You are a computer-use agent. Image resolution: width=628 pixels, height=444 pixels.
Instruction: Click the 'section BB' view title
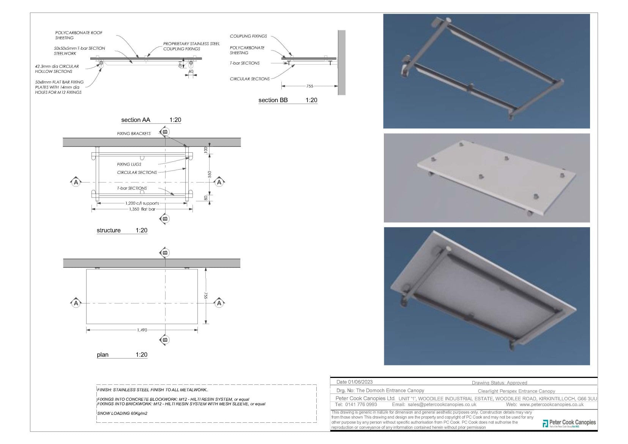[273, 100]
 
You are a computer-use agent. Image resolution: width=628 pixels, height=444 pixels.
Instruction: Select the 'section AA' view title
[136, 120]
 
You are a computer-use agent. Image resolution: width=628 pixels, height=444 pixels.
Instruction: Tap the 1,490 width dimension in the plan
[142, 330]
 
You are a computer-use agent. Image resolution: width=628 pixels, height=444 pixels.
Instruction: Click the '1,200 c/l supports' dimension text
[142, 203]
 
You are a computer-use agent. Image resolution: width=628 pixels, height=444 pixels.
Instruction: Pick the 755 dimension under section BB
[309, 86]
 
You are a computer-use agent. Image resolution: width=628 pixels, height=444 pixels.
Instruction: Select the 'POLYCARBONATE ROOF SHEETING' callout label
[79, 35]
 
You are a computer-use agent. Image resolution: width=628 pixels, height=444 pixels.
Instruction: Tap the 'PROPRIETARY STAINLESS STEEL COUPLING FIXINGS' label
[191, 46]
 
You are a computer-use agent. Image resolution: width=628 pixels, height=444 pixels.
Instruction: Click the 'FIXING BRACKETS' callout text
[134, 134]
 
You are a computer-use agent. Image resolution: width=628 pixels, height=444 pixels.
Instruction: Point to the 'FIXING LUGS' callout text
[129, 164]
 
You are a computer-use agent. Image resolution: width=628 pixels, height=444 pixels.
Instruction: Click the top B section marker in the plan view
[165, 253]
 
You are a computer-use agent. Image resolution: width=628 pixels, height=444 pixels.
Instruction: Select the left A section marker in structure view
[76, 182]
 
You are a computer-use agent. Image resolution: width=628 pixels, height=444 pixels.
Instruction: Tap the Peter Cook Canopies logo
[569, 423]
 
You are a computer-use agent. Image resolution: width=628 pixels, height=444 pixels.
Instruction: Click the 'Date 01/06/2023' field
[354, 382]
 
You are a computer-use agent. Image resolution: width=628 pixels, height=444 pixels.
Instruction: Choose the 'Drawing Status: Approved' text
[499, 383]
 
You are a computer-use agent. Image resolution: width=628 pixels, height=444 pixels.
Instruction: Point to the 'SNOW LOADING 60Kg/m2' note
[122, 413]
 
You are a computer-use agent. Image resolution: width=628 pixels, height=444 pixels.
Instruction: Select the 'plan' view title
[103, 355]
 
